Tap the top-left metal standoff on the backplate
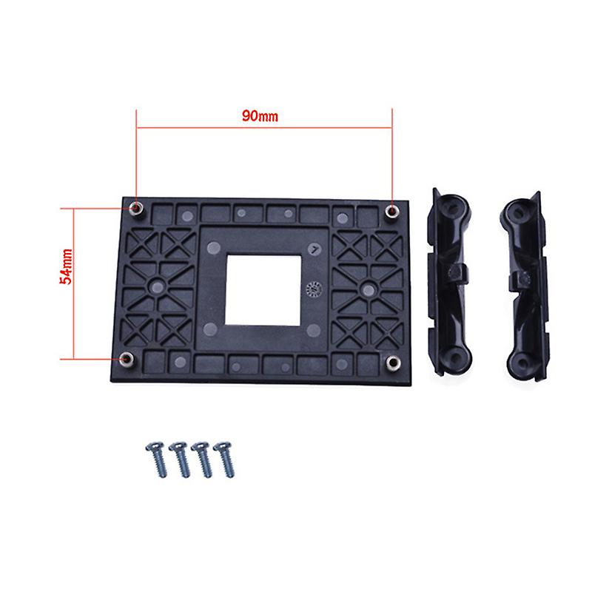point(136,208)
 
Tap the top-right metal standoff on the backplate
point(392,212)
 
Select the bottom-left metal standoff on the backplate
point(127,359)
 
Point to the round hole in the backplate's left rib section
point(158,284)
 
